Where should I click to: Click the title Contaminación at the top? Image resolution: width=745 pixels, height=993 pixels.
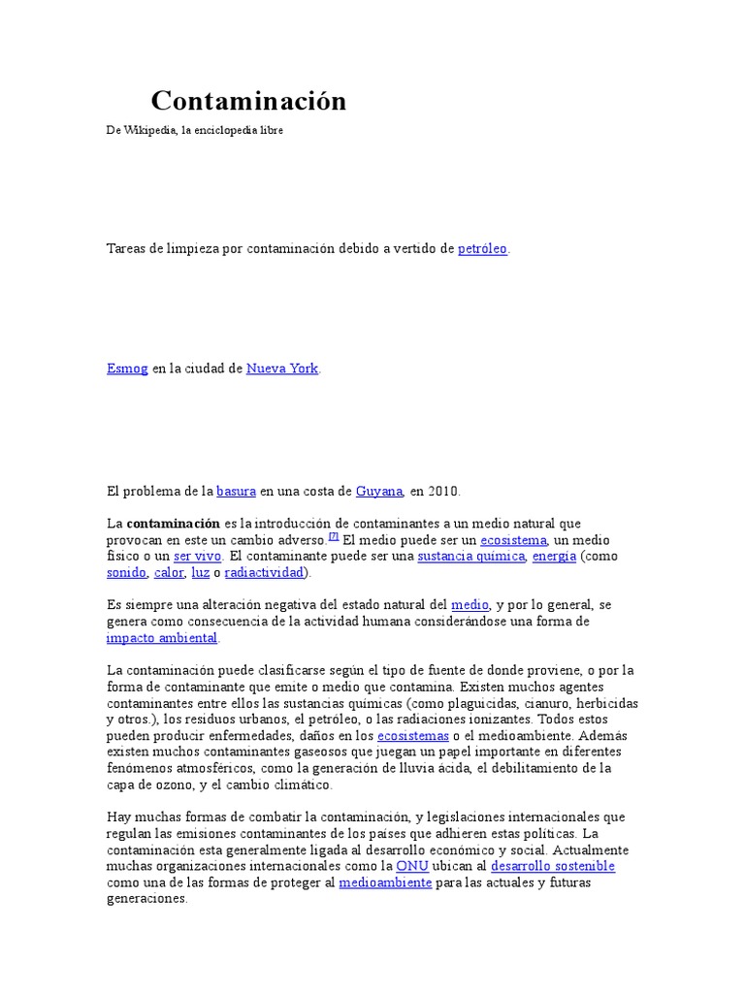coord(248,101)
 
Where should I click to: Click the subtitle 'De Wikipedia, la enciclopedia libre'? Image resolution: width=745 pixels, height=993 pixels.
coord(194,130)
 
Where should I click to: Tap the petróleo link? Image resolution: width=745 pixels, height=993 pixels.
coord(482,249)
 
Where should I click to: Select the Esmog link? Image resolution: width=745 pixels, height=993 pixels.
coord(127,369)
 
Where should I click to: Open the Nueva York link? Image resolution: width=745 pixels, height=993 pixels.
coord(282,369)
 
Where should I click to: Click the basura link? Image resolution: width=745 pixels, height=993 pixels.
coord(236,491)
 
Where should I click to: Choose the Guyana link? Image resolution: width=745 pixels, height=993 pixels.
coord(379,491)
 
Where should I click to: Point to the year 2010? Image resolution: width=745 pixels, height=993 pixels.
coord(443,491)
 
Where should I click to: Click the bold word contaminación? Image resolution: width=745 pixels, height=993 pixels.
coord(174,524)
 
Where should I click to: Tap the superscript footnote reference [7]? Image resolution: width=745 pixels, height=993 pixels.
coord(333,536)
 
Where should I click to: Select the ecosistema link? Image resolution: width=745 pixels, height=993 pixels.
coord(514,540)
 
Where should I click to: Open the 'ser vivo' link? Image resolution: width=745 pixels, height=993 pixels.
coord(198,557)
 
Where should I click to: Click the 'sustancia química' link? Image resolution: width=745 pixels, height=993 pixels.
coord(470,557)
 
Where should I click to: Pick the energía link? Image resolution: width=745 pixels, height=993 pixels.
coord(554,557)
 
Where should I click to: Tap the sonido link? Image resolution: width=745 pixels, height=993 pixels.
coord(126,573)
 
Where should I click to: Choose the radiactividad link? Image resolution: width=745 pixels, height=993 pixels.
coord(264,573)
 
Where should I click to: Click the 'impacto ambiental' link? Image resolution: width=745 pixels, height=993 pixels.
coord(162,638)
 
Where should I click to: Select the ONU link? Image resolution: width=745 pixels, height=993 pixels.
coord(412,866)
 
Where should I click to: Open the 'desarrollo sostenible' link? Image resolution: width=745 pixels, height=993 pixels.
coord(553,866)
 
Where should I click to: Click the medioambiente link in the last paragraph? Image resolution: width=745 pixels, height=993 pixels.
coord(385,882)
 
